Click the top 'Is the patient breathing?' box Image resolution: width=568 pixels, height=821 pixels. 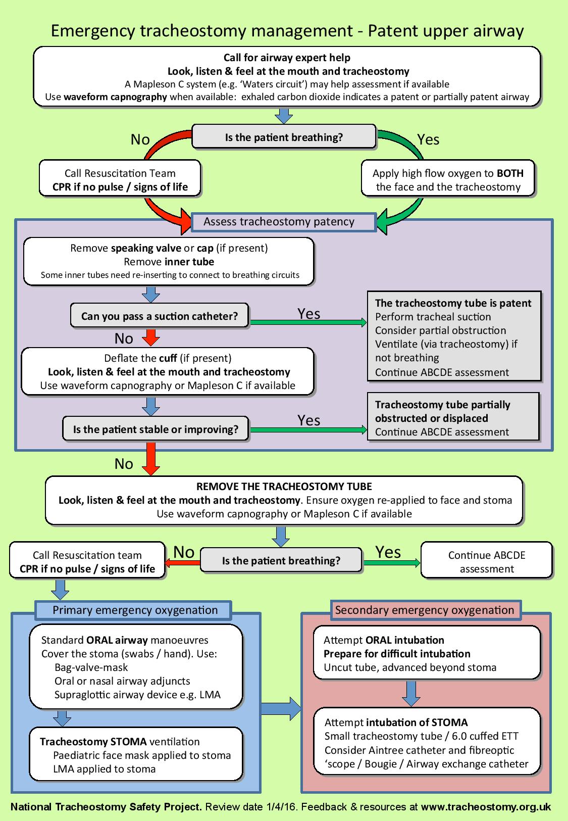(x=284, y=137)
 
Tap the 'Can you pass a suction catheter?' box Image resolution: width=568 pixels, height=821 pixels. (x=160, y=316)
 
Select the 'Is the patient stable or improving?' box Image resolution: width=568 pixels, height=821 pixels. (x=156, y=429)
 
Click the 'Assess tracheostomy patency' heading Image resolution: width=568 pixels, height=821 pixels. (x=279, y=221)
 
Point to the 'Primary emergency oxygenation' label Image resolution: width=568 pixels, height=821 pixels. (x=135, y=610)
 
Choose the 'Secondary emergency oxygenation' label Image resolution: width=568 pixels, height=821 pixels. (x=424, y=610)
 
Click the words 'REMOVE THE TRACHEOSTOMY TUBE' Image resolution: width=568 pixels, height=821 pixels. (x=284, y=487)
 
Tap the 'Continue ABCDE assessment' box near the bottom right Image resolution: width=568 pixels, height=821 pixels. (x=486, y=562)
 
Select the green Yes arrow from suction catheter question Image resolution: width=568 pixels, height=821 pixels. (x=308, y=322)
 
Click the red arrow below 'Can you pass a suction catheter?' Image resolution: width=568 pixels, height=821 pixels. (x=151, y=336)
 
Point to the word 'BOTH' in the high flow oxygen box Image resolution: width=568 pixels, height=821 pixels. (x=510, y=173)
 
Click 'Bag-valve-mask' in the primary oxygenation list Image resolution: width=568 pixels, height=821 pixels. (x=91, y=667)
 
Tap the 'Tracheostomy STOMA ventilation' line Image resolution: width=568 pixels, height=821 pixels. (x=120, y=742)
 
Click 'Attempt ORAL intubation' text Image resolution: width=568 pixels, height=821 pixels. (x=384, y=640)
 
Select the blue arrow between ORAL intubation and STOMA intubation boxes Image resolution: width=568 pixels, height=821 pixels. (x=411, y=693)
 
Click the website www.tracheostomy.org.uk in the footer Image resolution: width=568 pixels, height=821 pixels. (x=486, y=807)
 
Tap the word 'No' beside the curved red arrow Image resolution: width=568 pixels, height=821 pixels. (x=140, y=139)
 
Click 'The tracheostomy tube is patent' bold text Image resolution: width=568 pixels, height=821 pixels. (x=453, y=303)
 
